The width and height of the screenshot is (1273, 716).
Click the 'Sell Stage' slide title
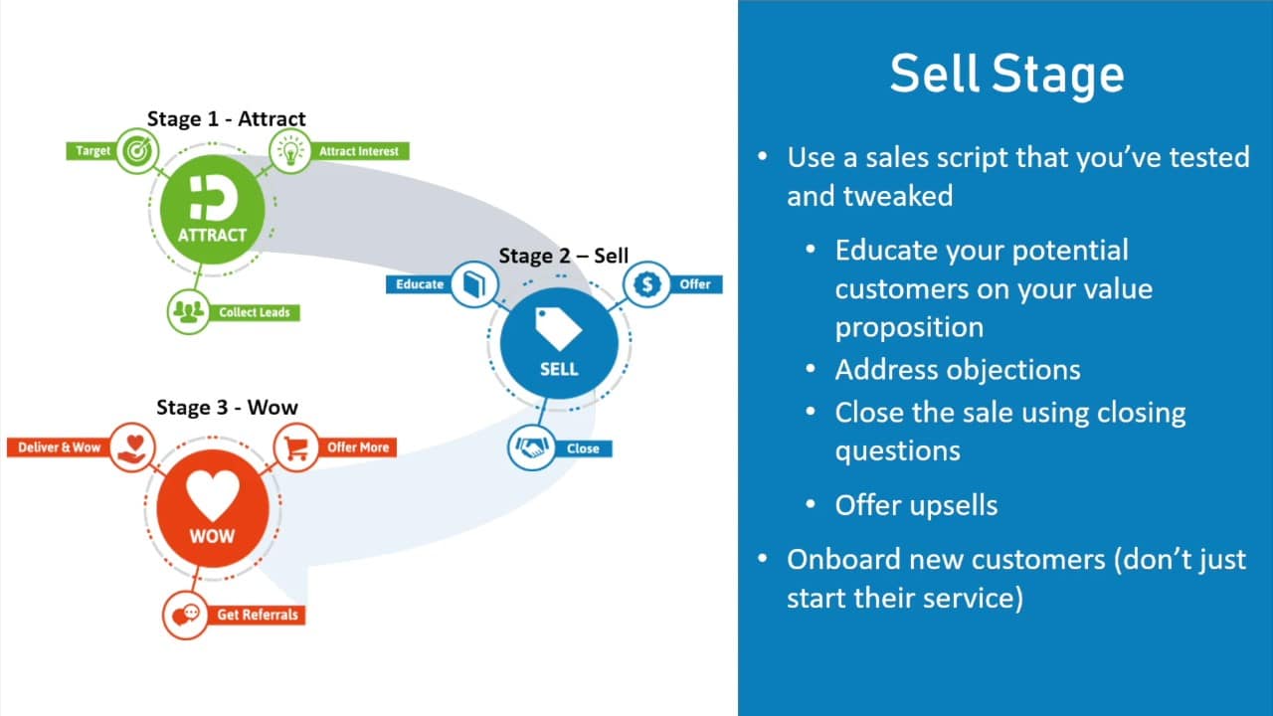[1006, 74]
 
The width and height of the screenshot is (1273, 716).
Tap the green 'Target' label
[92, 150]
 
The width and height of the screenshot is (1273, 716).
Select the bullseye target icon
[137, 150]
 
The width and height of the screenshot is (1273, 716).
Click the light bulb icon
[290, 150]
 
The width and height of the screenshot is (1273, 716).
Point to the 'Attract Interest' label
[359, 151]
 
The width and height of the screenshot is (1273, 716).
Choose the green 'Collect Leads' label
[254, 312]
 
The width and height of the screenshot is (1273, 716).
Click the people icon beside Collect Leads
[189, 312]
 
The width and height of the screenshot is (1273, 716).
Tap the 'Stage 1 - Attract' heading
[226, 118]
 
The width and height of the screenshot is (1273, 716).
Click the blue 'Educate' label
[420, 284]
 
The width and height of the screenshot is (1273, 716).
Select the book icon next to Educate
[474, 284]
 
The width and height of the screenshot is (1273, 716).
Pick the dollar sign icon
[647, 284]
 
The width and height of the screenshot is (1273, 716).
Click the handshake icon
[531, 447]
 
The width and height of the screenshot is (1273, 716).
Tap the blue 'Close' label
[583, 448]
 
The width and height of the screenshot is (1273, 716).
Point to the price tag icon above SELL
[558, 328]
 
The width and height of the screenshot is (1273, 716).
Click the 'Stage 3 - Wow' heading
[227, 408]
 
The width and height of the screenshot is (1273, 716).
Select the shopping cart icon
[296, 447]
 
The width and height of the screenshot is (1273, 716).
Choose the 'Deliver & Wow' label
[59, 447]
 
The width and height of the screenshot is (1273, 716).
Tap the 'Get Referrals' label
[257, 615]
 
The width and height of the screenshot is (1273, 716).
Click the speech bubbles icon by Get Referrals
[185, 616]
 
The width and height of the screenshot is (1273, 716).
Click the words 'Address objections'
[958, 370]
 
